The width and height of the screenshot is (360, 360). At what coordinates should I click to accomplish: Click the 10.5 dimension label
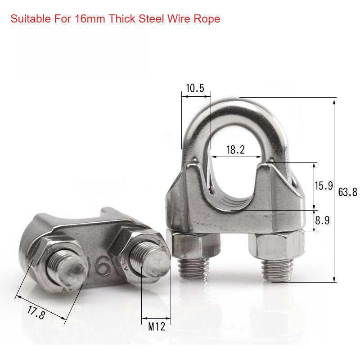(x=195, y=88)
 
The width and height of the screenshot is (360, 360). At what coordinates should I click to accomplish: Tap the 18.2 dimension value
(x=235, y=150)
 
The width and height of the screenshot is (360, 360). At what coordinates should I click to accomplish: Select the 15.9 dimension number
(x=324, y=185)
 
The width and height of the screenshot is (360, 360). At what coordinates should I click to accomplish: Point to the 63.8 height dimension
(x=347, y=192)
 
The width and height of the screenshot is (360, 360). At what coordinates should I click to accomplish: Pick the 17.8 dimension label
(x=36, y=311)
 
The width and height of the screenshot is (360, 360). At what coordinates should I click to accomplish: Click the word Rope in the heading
(x=209, y=19)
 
